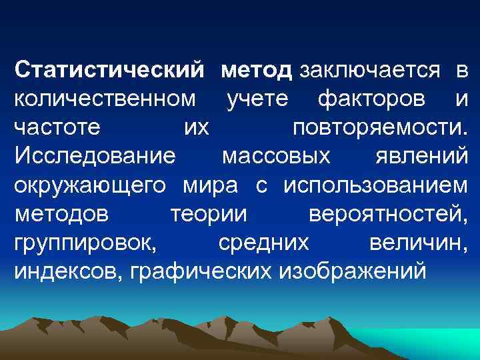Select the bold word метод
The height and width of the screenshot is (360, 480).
(257, 69)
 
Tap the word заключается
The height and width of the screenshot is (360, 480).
(369, 69)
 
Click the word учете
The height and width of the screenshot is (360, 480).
(257, 99)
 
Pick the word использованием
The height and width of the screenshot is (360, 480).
(375, 185)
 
